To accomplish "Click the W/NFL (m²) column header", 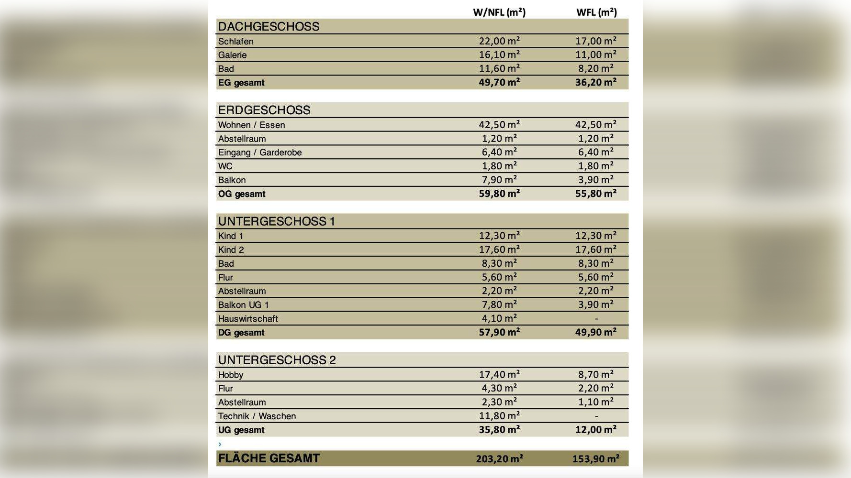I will (x=499, y=12).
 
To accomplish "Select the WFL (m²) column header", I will (x=596, y=12).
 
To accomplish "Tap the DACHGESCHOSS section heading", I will (x=269, y=26).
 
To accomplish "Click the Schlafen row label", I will (x=236, y=42).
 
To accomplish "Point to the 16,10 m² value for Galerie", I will (x=499, y=54).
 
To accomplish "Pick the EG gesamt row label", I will (x=241, y=83).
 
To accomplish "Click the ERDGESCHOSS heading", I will (x=264, y=110).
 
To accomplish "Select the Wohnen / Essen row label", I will (x=251, y=125).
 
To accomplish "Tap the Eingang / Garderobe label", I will (x=260, y=152).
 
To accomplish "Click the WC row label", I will (x=225, y=166).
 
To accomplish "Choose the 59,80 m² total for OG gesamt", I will (x=499, y=194).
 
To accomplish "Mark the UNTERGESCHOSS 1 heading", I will (x=277, y=221).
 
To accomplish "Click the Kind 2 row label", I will (x=231, y=250).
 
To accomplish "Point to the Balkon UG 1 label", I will (x=244, y=305).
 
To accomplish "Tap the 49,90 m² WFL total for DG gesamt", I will (x=596, y=332).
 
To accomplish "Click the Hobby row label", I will (x=231, y=375).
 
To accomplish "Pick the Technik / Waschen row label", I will (x=257, y=416).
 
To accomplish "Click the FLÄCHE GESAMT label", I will (x=269, y=458).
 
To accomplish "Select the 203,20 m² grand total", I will (x=499, y=459).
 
